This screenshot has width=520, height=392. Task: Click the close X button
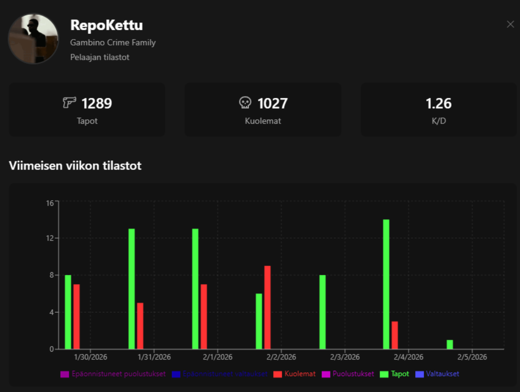510,24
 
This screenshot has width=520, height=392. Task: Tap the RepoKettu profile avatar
33,39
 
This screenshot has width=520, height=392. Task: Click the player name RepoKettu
106,25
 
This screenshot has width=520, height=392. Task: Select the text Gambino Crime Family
113,43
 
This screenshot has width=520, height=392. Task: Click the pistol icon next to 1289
69,102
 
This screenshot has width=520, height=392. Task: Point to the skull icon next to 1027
246,103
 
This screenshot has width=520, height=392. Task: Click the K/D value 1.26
439,103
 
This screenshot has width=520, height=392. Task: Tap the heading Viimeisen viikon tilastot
75,166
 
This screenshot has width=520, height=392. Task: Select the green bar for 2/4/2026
386,284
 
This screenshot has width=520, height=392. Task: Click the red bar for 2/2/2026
267,307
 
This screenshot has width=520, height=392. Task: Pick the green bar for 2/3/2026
322,312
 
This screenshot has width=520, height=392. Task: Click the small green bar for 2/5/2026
450,344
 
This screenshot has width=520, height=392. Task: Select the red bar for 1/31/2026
140,326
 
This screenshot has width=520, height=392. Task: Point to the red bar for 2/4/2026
395,335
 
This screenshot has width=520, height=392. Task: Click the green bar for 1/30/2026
68,312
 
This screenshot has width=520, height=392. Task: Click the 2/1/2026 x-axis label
218,357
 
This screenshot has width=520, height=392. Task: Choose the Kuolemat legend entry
295,374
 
